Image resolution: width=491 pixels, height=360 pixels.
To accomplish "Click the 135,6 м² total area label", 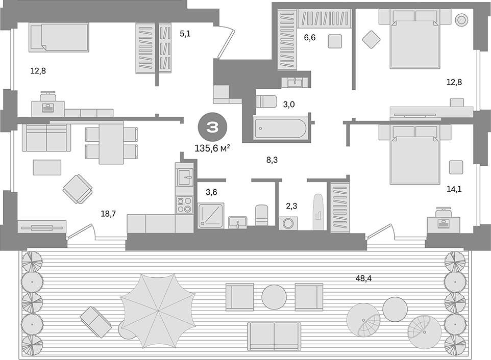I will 212,148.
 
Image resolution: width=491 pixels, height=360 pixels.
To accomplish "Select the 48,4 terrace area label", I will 363,278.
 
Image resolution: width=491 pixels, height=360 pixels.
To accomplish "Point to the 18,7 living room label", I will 108,214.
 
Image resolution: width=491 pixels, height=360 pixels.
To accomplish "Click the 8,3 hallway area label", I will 272,160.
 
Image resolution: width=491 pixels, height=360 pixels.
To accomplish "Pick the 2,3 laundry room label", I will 291,205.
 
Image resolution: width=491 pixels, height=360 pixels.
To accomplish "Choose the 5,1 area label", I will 185,34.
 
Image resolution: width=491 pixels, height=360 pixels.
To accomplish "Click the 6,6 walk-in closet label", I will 309,37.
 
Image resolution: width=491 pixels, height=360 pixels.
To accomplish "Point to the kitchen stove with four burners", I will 184,205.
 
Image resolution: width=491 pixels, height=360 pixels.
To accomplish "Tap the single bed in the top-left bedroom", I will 59,37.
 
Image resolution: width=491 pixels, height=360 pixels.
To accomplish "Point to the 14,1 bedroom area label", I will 454,189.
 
